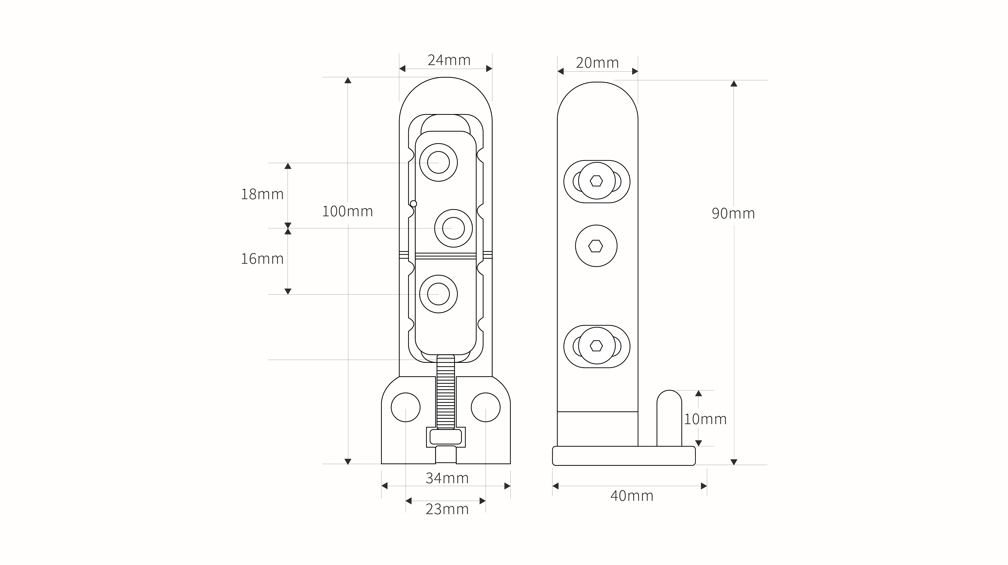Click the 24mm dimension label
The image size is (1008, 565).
click(x=449, y=60)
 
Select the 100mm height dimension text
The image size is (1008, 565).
click(x=347, y=211)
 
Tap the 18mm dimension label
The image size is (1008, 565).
click(x=262, y=194)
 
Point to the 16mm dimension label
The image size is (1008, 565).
click(x=262, y=259)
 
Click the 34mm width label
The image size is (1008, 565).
click(x=447, y=478)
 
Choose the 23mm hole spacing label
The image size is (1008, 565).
click(x=447, y=509)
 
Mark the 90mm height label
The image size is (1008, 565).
click(x=733, y=214)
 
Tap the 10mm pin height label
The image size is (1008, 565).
click(x=705, y=419)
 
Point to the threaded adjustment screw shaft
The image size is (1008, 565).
click(x=446, y=392)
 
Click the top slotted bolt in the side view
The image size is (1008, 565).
click(x=597, y=181)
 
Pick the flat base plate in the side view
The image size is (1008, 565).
click(x=624, y=456)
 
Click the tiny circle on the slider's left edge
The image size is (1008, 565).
click(x=414, y=204)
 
